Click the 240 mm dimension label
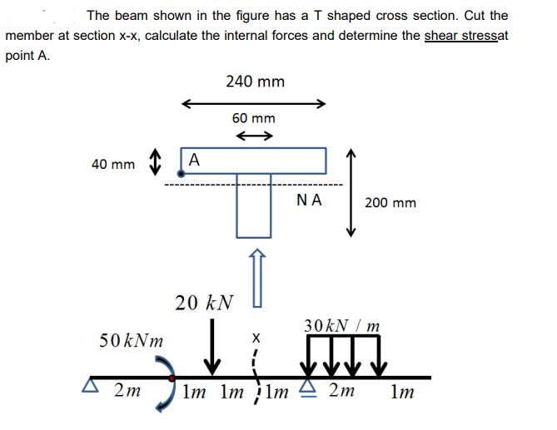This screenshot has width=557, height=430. click(255, 82)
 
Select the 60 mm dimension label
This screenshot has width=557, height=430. click(254, 119)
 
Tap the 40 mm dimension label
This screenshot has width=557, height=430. click(113, 165)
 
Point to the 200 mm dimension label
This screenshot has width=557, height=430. click(390, 202)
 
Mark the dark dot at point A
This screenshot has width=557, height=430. click(181, 173)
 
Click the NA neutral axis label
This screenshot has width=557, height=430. click(310, 200)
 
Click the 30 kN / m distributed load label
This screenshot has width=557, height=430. click(342, 324)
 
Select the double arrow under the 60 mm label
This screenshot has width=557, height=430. click(255, 136)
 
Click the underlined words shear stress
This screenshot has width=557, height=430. click(460, 36)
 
